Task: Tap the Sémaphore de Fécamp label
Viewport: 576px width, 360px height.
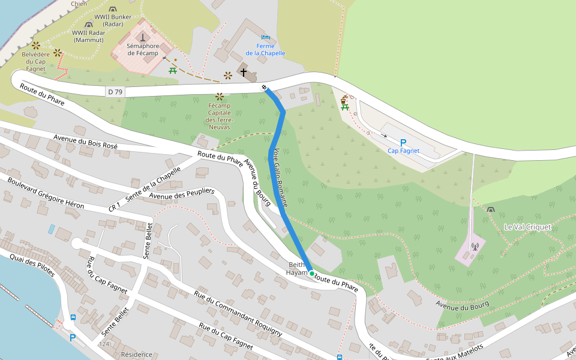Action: [x=143, y=49]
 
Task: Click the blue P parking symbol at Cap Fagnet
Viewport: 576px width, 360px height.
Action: [x=403, y=143]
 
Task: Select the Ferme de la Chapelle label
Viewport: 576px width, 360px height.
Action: [x=265, y=49]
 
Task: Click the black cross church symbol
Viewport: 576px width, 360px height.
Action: [x=244, y=73]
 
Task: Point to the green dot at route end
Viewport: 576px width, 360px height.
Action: [x=311, y=274]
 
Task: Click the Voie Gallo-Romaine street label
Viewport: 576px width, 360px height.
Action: [x=280, y=178]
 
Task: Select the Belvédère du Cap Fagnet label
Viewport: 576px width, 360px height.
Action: [x=34, y=61]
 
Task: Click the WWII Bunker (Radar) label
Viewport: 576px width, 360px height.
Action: [x=113, y=20]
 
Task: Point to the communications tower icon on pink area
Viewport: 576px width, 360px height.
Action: [x=475, y=245]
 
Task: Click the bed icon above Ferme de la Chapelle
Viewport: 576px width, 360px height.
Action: [x=265, y=37]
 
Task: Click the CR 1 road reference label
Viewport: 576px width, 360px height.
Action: [x=115, y=206]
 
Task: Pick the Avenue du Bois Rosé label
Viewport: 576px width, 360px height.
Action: [x=85, y=142]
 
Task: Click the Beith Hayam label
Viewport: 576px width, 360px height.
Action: [x=298, y=268]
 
